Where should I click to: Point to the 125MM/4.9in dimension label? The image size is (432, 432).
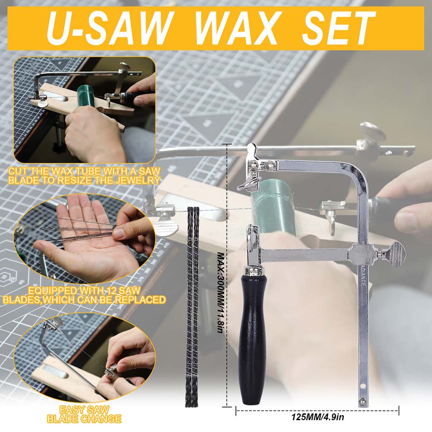click(317, 418)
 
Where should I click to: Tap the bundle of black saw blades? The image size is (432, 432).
click(193, 304)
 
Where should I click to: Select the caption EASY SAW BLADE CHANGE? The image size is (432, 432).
click(84, 414)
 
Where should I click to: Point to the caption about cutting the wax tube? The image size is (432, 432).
click(84, 175)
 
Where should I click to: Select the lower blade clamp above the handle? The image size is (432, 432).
click(254, 240)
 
